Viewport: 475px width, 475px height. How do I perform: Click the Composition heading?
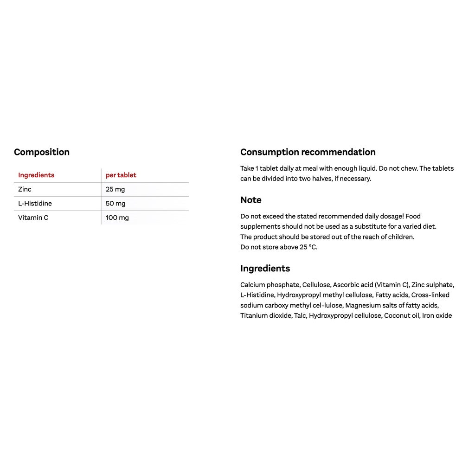click(42, 152)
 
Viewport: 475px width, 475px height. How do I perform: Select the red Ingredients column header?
click(36, 175)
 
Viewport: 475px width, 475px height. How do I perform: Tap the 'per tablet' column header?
click(121, 175)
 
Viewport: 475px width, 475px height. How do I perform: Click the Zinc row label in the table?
click(25, 189)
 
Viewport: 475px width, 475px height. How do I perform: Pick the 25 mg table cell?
click(116, 189)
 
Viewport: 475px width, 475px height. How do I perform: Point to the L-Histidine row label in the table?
click(35, 204)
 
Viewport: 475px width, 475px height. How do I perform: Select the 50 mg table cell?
click(116, 204)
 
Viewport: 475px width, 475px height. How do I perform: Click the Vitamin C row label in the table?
click(33, 218)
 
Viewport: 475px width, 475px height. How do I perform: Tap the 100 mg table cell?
click(117, 218)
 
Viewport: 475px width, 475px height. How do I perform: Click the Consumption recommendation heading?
click(308, 152)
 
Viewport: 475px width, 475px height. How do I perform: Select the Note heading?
click(251, 200)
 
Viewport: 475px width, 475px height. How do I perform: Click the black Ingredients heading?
click(265, 269)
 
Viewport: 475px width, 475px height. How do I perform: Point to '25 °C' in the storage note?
click(308, 247)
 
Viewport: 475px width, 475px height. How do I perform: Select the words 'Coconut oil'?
click(401, 316)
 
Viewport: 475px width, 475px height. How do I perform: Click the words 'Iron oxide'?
click(437, 316)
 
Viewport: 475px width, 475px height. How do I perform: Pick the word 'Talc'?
click(300, 316)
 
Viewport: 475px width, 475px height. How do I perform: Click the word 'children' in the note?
click(400, 237)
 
